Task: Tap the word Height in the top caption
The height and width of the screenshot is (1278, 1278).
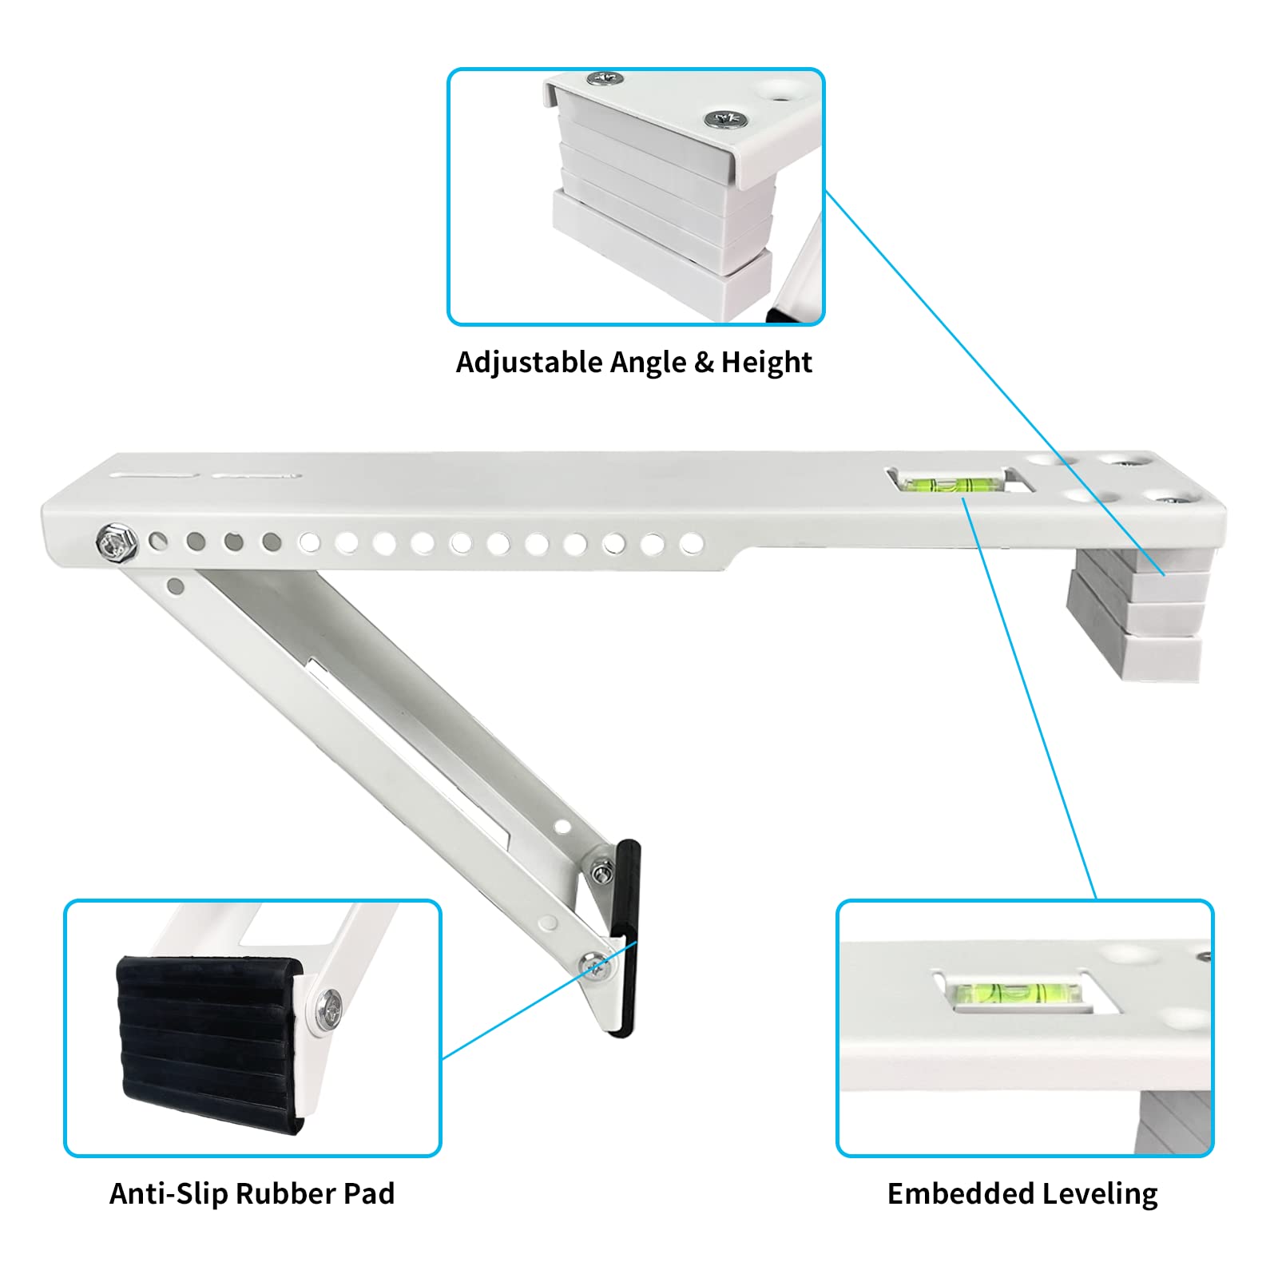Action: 766,363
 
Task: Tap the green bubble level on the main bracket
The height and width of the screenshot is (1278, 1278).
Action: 951,482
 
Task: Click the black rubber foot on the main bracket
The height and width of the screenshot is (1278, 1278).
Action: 624,939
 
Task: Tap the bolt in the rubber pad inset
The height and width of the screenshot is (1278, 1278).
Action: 329,1008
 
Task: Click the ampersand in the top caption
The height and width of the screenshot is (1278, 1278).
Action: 704,363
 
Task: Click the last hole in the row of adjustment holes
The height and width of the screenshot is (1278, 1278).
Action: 690,544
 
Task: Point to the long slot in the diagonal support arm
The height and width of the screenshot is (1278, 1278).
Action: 407,751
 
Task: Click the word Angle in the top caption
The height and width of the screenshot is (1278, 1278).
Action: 648,363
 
